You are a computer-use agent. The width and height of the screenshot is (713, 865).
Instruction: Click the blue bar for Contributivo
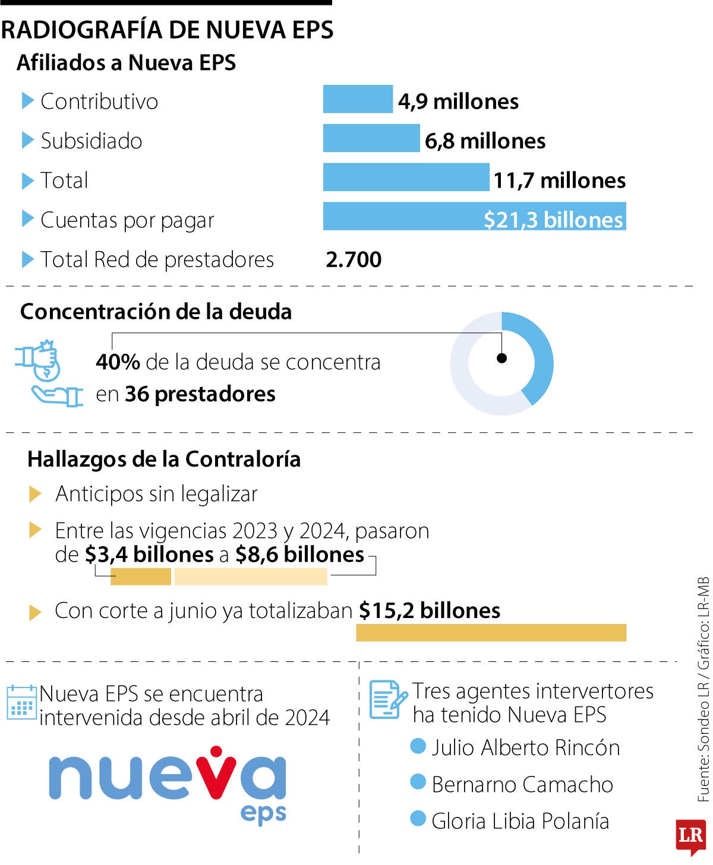coord(358,99)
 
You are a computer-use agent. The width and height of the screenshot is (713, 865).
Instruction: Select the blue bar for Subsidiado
coord(371,138)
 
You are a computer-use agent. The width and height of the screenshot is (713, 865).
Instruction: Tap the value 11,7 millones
coord(559,180)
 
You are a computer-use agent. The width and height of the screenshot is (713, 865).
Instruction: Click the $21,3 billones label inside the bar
coord(553,220)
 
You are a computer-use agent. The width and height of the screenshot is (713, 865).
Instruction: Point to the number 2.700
coord(354,259)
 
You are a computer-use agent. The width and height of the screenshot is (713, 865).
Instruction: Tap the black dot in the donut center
coord(502,358)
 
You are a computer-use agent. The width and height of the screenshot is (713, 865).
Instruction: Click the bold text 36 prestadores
coord(200,394)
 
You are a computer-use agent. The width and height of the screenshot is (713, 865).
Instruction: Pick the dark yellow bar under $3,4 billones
coord(141,576)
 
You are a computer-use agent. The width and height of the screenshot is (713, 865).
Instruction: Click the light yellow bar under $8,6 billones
coord(250,576)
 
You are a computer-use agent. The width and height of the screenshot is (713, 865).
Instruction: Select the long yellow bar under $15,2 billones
coord(491,633)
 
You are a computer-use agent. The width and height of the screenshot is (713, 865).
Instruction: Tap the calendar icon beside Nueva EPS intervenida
coord(22,703)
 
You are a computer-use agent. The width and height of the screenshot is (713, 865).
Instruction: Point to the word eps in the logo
coord(263,814)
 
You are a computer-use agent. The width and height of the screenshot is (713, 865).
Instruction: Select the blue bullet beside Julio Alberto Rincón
coord(418,746)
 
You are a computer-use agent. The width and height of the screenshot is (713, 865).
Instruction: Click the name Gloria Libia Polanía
coord(520,821)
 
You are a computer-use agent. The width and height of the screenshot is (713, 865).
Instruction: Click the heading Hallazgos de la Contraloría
coord(164,459)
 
